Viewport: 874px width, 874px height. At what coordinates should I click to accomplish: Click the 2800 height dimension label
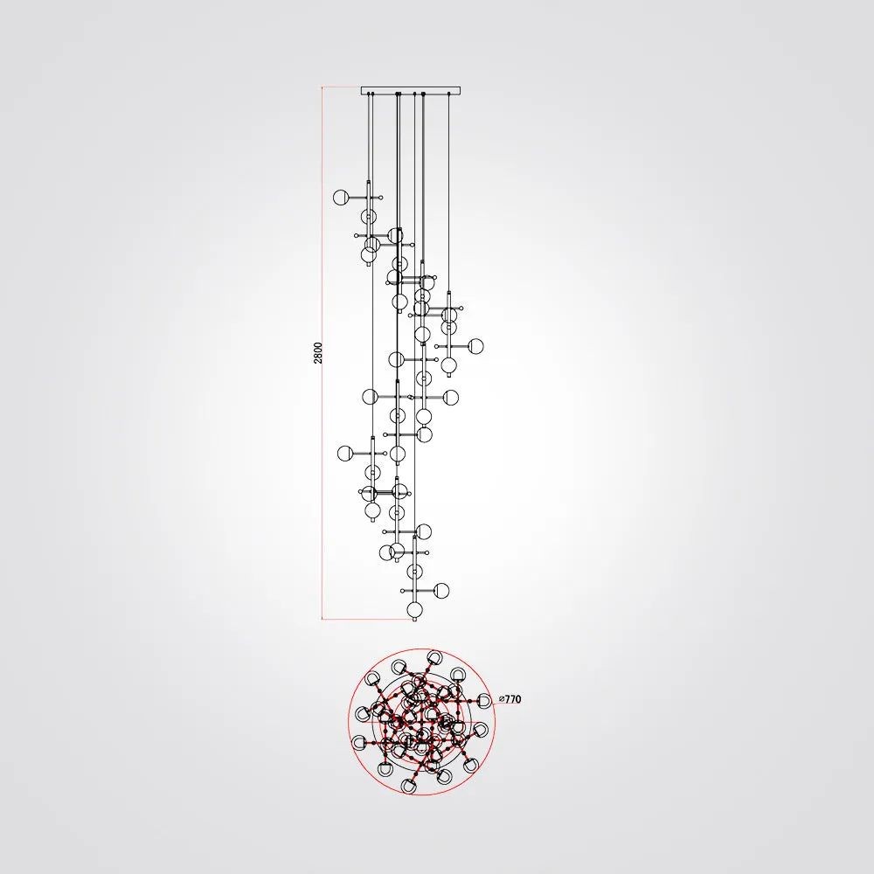click(318, 353)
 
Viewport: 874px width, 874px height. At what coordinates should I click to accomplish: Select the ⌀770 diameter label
click(510, 699)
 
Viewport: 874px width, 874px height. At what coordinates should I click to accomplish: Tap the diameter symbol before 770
click(502, 699)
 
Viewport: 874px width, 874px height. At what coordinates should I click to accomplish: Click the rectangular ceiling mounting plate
click(412, 90)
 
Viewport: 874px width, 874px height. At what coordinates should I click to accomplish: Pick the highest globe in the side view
click(341, 197)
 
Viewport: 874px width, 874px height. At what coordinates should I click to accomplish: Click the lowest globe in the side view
click(414, 610)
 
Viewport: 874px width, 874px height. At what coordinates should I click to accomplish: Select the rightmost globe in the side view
click(475, 346)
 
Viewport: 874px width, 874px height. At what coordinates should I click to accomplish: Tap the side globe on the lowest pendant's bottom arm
click(441, 590)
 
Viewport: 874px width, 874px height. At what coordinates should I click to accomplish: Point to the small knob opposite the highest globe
click(381, 197)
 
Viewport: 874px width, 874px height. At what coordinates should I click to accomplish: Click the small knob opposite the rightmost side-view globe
click(436, 346)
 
